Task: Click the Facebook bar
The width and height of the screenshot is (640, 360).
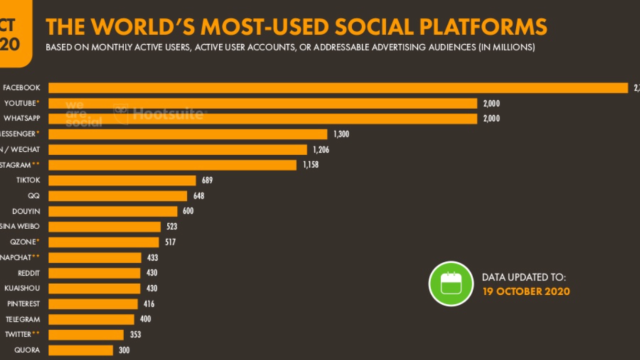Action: [338, 88]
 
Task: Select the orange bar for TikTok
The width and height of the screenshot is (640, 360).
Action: [122, 180]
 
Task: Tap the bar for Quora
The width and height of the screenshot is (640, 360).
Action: [81, 350]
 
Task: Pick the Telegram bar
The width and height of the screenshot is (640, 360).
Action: [91, 319]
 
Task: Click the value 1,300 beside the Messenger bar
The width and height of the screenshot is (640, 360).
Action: [341, 134]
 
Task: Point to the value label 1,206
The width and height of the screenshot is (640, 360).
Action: [320, 149]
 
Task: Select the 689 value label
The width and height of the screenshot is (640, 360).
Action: [207, 180]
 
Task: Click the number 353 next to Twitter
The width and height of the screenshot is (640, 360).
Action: [135, 334]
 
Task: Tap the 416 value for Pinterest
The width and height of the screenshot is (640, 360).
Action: [148, 303]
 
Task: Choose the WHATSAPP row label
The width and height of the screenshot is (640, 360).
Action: [21, 118]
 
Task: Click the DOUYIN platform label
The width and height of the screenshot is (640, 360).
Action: [26, 211]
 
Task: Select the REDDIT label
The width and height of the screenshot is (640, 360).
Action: [29, 273]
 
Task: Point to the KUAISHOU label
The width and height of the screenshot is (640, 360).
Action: [22, 288]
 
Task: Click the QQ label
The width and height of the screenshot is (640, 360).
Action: [33, 195]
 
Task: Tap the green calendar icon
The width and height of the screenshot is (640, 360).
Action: [451, 283]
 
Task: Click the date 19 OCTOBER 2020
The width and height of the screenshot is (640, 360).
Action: [526, 291]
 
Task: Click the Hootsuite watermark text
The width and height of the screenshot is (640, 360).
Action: [167, 114]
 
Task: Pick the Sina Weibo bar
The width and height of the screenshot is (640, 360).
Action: [104, 226]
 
